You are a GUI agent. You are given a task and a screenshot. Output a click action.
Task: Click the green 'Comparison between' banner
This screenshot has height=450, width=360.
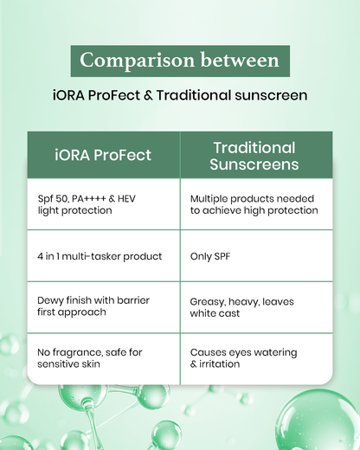(180, 61)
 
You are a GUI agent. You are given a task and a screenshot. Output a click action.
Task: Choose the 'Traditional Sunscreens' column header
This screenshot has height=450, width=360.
(254, 155)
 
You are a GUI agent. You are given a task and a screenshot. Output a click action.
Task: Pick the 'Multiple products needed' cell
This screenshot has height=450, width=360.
(254, 204)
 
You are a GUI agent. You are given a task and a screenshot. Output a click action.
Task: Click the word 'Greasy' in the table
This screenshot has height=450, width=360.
(209, 300)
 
